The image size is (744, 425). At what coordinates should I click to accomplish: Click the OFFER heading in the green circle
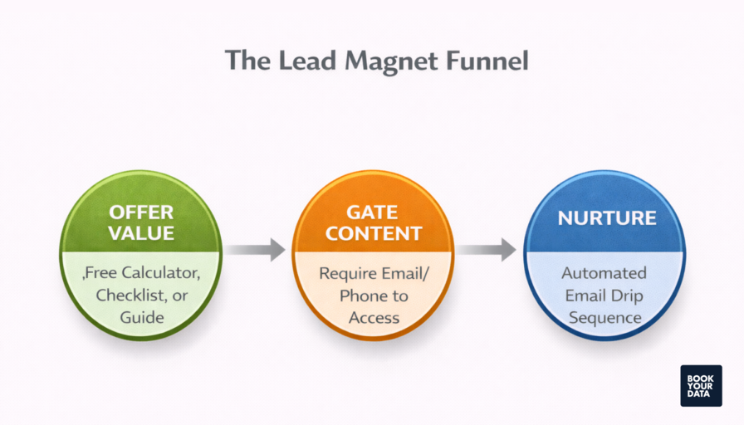pos(141,212)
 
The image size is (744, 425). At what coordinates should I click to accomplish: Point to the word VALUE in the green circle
pos(141,233)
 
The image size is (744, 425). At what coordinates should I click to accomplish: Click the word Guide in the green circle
pos(141,317)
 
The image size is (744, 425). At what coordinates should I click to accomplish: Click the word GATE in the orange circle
pos(373,212)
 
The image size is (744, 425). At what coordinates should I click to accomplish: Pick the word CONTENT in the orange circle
pos(373,233)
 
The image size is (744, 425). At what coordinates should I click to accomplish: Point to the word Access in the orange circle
pos(374,317)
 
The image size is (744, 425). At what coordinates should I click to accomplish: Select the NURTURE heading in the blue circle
pos(606,218)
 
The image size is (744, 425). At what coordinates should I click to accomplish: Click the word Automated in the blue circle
pos(604,273)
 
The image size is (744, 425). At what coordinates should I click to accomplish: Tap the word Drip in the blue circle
pos(629,296)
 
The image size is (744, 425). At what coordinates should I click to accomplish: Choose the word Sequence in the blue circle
pos(604,317)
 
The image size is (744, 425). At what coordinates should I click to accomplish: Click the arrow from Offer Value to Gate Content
pos(256,250)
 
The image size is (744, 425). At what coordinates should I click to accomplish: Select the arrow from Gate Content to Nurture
pos(487,250)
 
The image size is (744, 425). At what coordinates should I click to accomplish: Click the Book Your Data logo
pos(701,385)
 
